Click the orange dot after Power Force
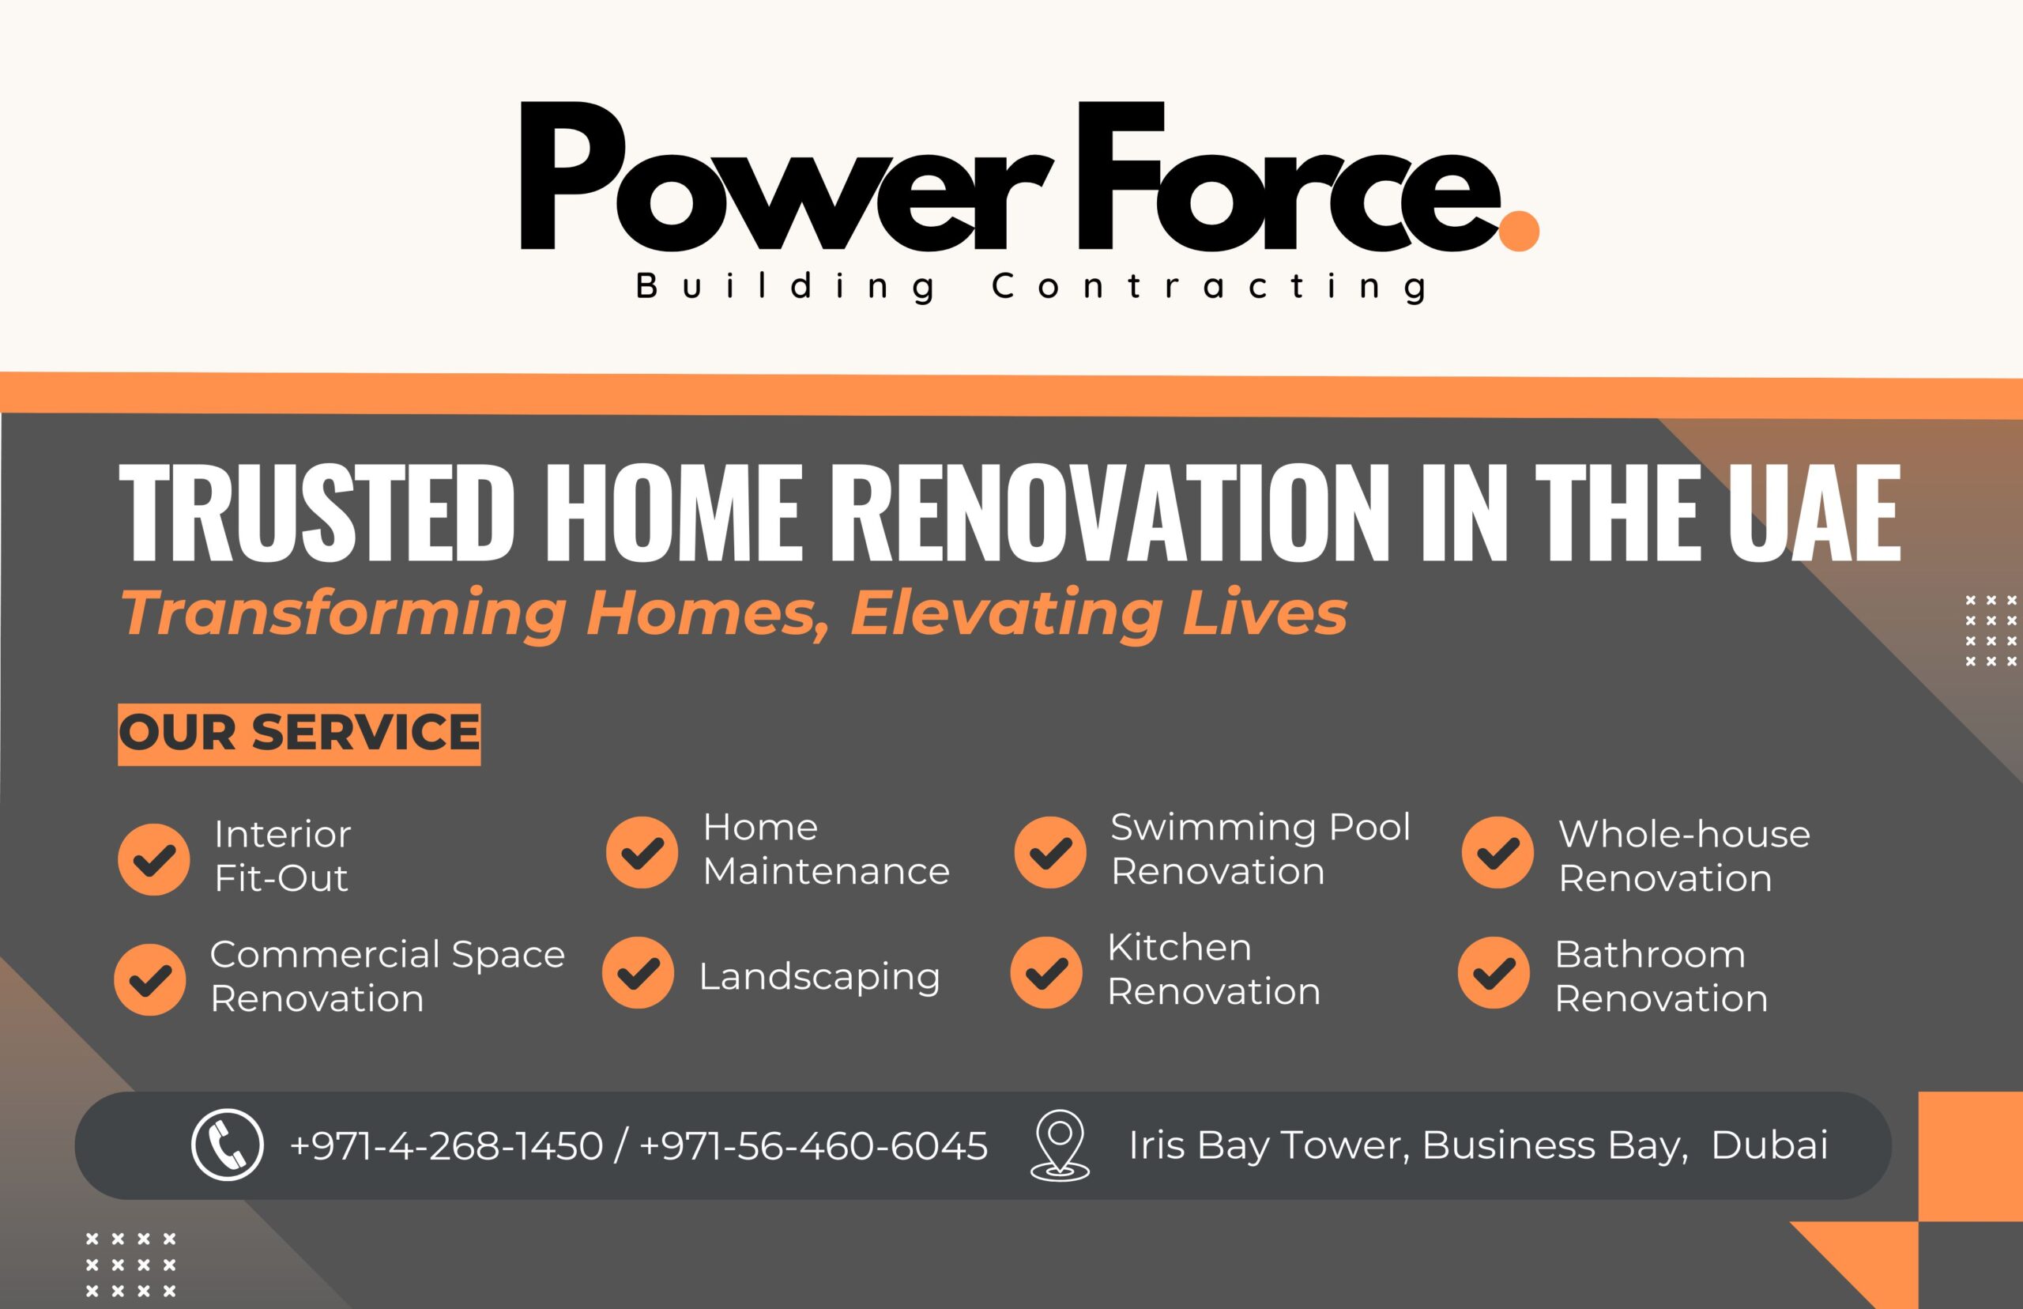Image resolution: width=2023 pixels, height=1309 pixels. (1519, 231)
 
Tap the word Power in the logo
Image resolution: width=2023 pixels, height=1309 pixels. (780, 177)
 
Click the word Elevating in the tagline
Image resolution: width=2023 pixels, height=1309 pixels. (1005, 613)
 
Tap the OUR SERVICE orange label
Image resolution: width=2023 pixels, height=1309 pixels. (299, 734)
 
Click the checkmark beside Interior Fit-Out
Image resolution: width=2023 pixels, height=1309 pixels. (154, 859)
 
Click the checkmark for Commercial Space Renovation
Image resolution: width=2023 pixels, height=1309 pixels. (149, 979)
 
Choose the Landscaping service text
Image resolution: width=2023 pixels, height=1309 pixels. (819, 978)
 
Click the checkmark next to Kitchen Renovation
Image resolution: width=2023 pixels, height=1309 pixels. (1046, 972)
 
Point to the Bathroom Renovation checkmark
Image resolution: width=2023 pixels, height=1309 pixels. (1494, 972)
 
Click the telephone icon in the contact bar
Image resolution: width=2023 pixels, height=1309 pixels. (227, 1144)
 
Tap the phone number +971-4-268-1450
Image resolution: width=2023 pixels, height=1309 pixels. (446, 1146)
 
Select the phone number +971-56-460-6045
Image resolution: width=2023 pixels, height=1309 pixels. (813, 1146)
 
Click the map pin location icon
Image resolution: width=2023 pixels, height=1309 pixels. (1060, 1145)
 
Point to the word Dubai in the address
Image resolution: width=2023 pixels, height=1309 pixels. (1769, 1145)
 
